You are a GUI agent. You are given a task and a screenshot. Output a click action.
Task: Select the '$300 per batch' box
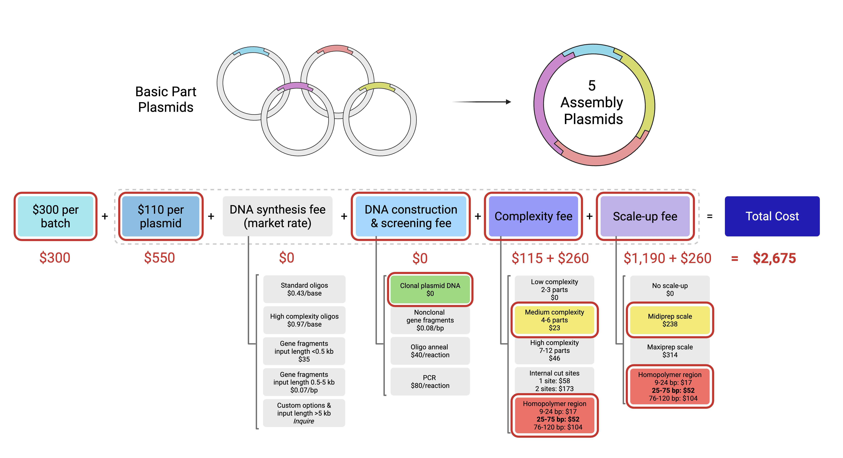[55, 216]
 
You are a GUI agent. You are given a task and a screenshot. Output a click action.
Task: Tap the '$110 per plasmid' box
[160, 216]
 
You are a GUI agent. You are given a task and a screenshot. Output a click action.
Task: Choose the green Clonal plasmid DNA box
[430, 289]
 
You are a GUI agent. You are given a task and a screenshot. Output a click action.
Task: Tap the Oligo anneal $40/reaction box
[430, 351]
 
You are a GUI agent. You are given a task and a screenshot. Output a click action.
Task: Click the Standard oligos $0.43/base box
[304, 289]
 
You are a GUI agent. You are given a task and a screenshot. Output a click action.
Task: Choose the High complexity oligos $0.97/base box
[304, 320]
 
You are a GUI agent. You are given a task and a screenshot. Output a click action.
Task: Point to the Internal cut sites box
[554, 381]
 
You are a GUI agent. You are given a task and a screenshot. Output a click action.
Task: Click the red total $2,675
[774, 258]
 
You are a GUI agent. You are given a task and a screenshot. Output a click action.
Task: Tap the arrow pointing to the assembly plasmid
[481, 102]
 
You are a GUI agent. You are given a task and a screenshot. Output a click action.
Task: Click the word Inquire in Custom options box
[304, 421]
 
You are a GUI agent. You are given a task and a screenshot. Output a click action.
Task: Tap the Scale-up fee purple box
[645, 216]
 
